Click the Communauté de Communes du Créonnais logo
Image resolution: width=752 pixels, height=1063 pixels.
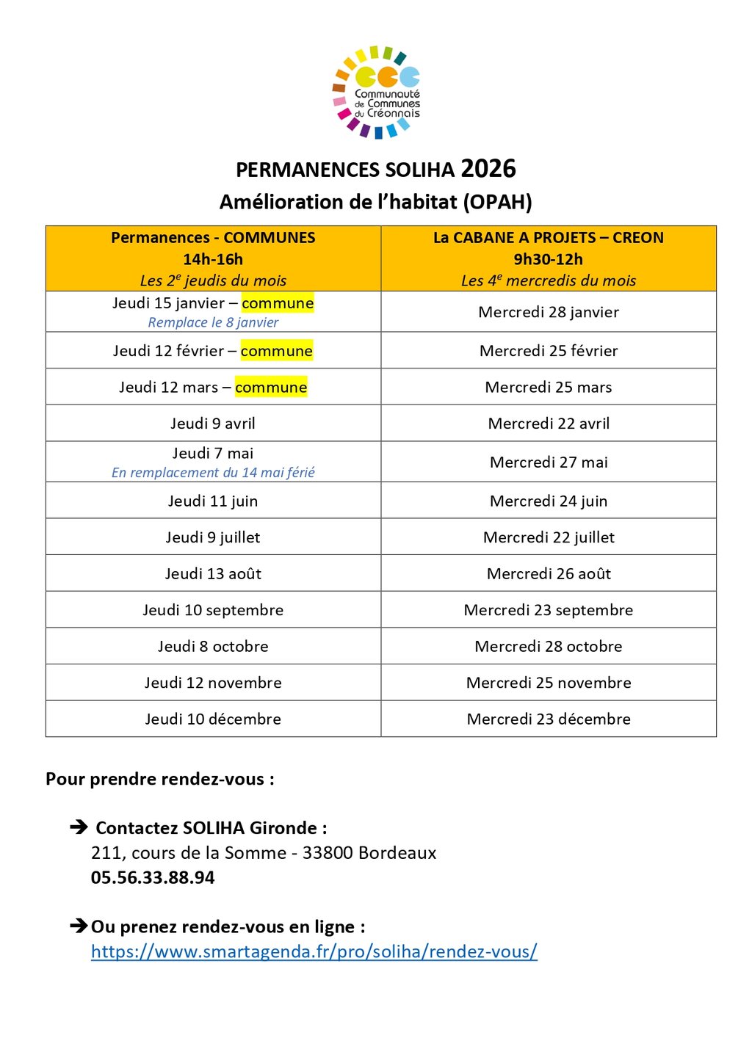(377, 92)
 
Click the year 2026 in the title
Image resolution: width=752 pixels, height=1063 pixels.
(488, 169)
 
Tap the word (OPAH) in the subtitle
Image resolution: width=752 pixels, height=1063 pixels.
(497, 202)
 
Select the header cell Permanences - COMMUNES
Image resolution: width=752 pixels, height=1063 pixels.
(213, 238)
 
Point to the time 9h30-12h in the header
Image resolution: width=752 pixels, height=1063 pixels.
(548, 259)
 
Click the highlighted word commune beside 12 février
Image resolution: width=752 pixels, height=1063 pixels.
(276, 351)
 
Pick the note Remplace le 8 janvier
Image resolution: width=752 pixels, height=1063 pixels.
(213, 322)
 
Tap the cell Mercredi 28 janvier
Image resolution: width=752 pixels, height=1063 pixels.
(548, 312)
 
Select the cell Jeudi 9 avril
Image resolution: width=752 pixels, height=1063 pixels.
(213, 424)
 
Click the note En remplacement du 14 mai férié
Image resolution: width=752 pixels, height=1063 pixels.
(213, 473)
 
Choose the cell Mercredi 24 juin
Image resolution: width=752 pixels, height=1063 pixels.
(548, 501)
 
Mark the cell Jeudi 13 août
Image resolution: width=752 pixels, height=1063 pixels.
(213, 574)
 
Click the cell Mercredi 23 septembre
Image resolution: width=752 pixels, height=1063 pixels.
(548, 610)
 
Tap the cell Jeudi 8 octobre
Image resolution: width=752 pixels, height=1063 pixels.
(213, 647)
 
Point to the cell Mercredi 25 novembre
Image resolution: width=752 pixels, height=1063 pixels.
(548, 683)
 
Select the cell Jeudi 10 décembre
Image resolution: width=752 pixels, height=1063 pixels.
(213, 719)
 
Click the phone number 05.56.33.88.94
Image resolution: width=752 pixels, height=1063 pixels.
(153, 878)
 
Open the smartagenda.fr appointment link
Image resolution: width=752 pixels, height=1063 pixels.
(314, 952)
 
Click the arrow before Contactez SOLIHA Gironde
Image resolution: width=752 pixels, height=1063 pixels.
(79, 827)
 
